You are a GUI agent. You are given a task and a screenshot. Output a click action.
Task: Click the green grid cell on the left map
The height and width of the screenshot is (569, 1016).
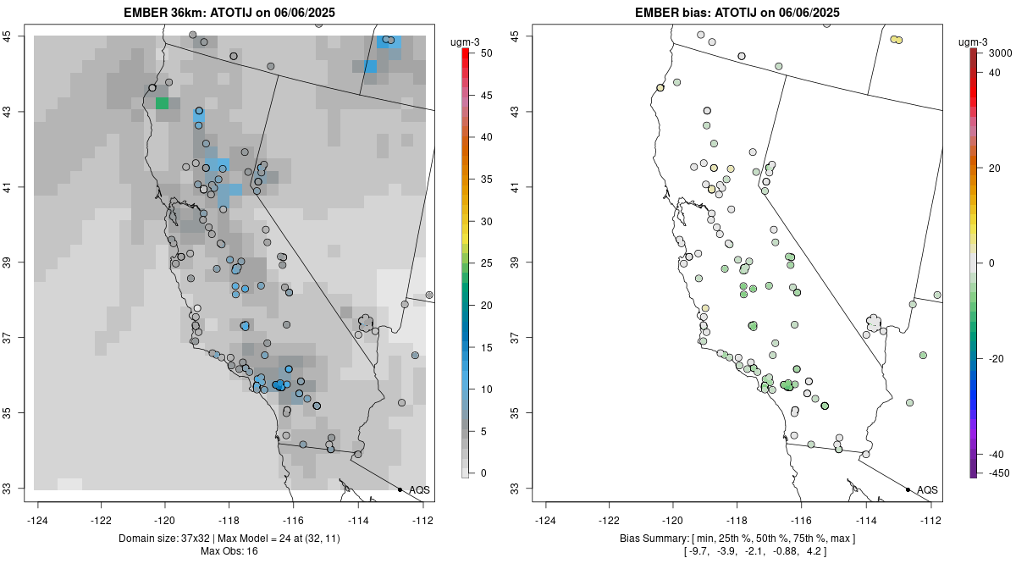click(x=162, y=103)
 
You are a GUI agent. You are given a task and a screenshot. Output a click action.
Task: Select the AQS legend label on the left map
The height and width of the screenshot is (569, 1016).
click(x=419, y=490)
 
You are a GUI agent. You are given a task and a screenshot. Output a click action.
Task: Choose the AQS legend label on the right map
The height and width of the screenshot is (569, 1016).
click(x=927, y=490)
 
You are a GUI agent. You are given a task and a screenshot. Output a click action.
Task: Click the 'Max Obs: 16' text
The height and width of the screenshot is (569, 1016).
click(x=229, y=551)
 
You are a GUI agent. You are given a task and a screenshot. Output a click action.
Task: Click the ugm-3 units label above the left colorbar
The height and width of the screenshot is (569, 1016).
click(x=467, y=41)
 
